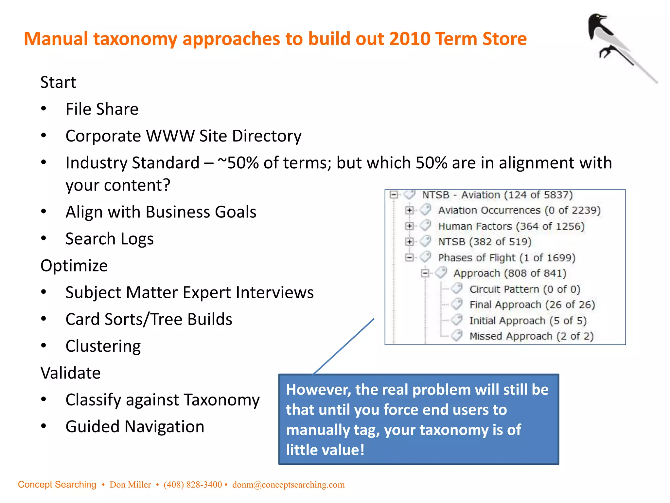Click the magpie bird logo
coord(615,43)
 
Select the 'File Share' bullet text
coord(102,109)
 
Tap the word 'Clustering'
coord(103,346)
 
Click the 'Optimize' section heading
coord(74,265)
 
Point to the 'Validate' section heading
coord(70,373)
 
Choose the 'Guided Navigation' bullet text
coord(135,427)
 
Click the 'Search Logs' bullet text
coord(109,239)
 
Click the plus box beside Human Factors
coord(409,226)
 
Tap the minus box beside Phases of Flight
coord(409,257)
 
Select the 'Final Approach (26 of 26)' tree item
coord(532,305)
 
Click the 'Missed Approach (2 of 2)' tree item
coord(531,336)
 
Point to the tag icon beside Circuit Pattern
coord(457,289)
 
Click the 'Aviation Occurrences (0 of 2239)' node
coord(519,210)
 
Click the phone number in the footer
coord(193,485)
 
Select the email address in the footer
coord(288,485)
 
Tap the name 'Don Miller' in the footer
coord(130,485)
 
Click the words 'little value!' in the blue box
coord(325,450)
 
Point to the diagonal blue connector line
coord(344,346)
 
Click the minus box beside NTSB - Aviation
coord(394,195)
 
